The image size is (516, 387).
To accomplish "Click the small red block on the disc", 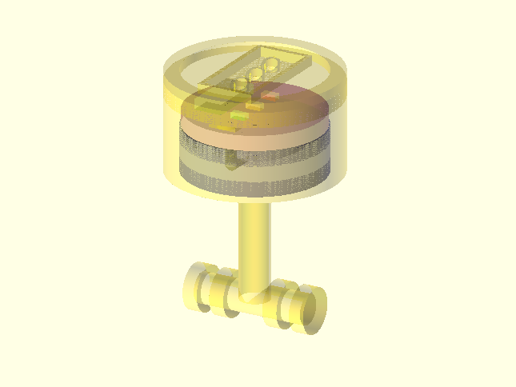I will click(270, 96).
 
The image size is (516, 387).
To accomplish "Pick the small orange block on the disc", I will click(254, 106).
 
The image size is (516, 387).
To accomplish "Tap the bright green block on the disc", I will click(238, 117).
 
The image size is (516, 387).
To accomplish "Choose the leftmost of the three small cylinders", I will click(241, 83).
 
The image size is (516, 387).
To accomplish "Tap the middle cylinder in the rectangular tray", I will click(256, 74).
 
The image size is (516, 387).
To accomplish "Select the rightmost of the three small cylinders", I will click(272, 65).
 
